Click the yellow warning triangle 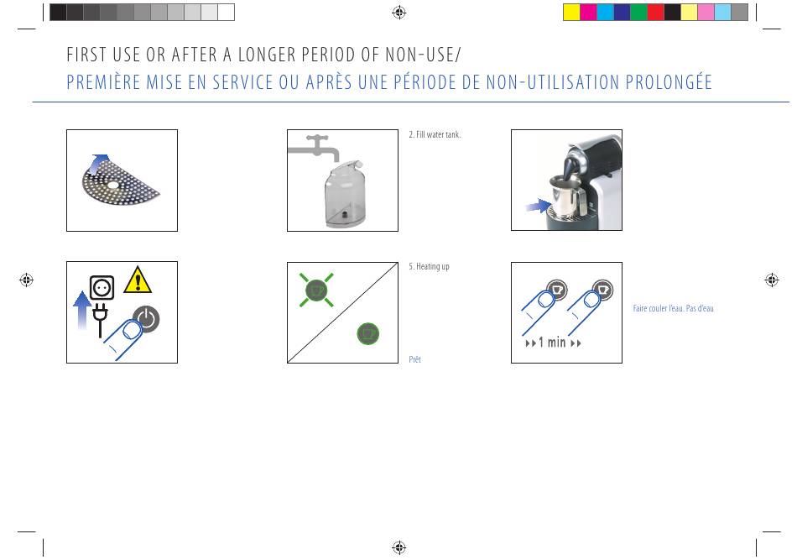(x=138, y=280)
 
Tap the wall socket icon (x=102, y=287)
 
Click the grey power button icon (x=146, y=319)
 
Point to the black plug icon (x=100, y=320)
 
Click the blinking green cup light (x=316, y=290)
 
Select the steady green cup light (x=368, y=333)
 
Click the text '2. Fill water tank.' (x=435, y=135)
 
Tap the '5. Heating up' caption (x=429, y=266)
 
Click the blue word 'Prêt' (x=414, y=359)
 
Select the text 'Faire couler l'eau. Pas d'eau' (x=673, y=308)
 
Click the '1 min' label (x=552, y=343)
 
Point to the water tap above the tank (x=314, y=146)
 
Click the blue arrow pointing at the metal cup (x=539, y=206)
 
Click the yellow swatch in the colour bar (x=571, y=13)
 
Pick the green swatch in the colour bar (x=638, y=13)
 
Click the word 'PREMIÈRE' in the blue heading (x=103, y=82)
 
